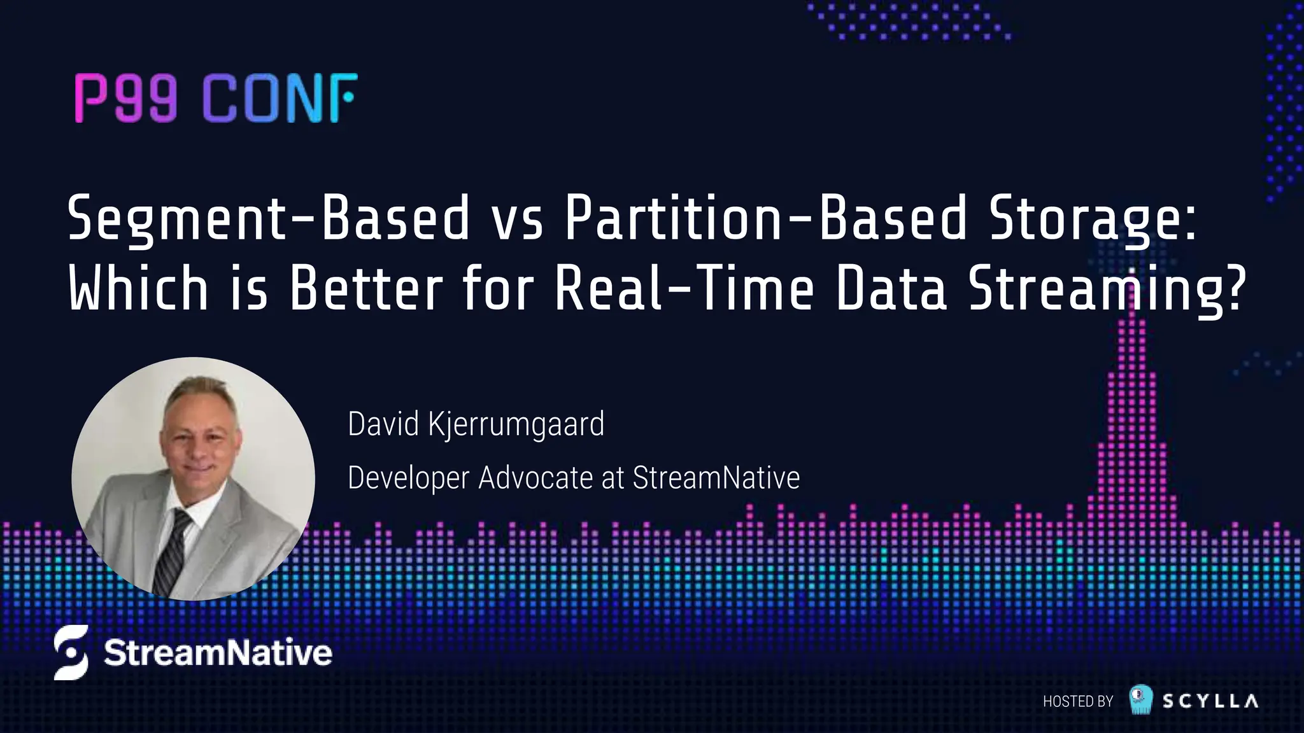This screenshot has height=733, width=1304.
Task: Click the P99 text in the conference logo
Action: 125,98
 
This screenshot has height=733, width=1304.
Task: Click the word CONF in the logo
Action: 280,98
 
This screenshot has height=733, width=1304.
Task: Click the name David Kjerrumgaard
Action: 476,424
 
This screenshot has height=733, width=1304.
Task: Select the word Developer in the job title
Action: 408,478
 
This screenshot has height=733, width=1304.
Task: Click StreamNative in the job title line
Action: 716,478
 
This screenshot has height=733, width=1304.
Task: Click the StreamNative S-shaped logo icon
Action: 71,652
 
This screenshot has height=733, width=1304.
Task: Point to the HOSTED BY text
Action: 1077,701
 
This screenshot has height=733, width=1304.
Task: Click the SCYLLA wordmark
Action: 1210,701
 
